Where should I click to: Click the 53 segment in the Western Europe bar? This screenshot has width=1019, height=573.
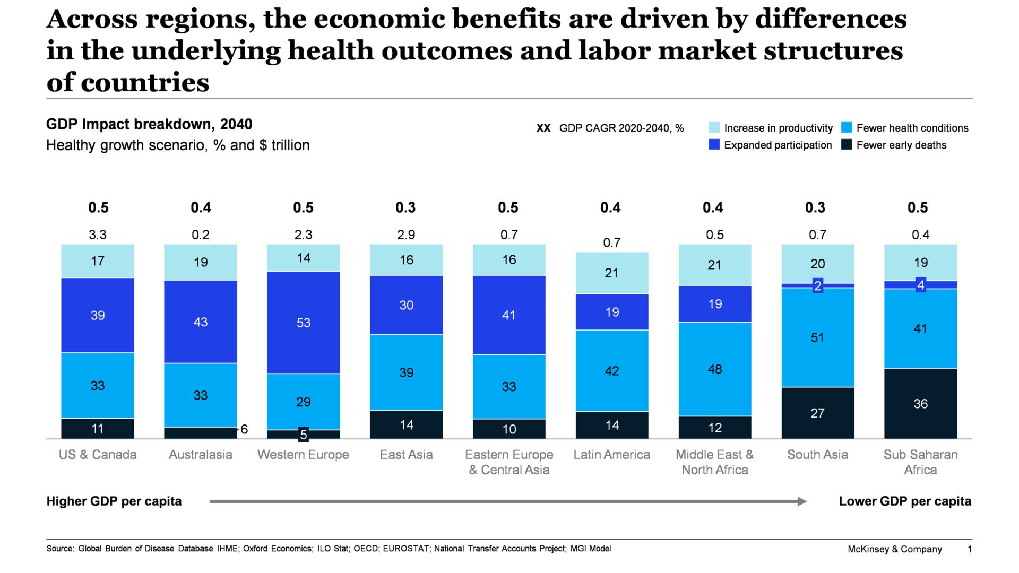tap(303, 323)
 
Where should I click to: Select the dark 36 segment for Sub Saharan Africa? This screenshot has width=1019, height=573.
tap(920, 403)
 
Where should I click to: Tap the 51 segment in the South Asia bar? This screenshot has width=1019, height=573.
tap(817, 337)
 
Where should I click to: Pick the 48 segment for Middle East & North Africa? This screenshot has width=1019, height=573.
tap(715, 369)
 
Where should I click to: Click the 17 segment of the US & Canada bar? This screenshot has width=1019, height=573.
tap(98, 261)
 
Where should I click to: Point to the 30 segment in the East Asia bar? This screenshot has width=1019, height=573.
tap(406, 305)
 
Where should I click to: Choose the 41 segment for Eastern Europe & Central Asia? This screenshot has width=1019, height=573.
tap(508, 315)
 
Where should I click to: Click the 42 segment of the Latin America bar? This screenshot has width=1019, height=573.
tap(612, 370)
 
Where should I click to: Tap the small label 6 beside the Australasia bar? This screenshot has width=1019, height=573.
tap(244, 429)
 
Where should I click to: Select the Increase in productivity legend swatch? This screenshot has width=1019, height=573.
tap(714, 128)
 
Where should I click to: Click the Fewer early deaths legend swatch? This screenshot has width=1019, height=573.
tap(847, 145)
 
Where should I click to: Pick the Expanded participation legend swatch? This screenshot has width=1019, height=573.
tap(714, 145)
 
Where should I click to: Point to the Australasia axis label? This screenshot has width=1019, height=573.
tap(201, 455)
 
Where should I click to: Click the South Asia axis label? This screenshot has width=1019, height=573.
tap(817, 455)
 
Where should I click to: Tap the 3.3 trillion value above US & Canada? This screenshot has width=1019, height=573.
tap(98, 235)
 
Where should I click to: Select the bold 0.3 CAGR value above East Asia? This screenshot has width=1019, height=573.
tap(405, 207)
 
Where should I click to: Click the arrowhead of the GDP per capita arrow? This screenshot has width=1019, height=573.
tap(802, 501)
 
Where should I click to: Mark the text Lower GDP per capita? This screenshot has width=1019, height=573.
tap(905, 501)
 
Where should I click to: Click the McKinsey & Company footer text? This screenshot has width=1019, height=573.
tap(894, 549)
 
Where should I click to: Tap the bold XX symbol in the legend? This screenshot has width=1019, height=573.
tap(543, 128)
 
